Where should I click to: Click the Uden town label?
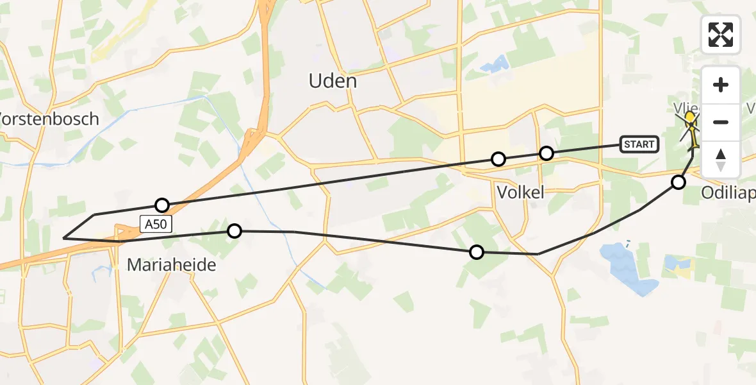[333, 81]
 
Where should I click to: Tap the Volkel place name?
[520, 192]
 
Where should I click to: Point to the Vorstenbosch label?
[49, 119]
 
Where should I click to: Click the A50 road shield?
[154, 224]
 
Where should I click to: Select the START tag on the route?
[639, 144]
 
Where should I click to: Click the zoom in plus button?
[721, 85]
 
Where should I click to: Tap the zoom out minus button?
[721, 122]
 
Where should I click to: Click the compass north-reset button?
[721, 159]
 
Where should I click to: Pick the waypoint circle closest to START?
[546, 153]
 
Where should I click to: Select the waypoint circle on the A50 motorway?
[162, 205]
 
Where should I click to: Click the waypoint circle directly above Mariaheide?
[234, 230]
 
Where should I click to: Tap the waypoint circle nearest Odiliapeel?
[678, 182]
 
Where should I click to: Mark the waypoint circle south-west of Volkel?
[476, 252]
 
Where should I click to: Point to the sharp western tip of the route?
[63, 238]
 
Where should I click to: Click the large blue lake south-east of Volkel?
[628, 268]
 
